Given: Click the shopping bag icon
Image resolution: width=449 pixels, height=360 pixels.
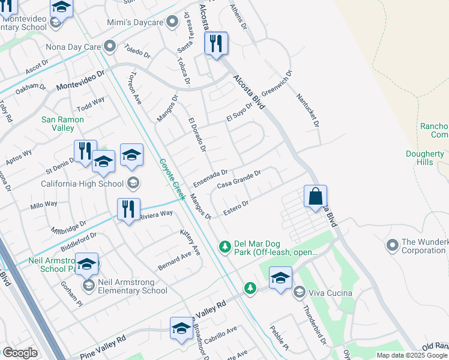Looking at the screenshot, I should click(x=315, y=196).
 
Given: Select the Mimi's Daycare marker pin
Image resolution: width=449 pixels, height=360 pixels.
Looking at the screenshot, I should click(x=172, y=23).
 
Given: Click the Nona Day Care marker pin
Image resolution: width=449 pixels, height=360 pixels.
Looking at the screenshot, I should click(x=110, y=46).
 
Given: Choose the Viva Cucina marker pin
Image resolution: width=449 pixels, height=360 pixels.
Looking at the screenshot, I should click(x=299, y=293).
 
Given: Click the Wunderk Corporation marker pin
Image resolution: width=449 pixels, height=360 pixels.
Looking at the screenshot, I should click(x=393, y=245).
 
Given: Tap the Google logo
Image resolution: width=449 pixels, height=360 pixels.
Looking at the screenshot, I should click(x=20, y=353).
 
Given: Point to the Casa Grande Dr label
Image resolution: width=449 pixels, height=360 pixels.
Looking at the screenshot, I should click(x=239, y=179).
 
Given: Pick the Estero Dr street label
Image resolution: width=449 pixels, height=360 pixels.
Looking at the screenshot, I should click(x=236, y=208).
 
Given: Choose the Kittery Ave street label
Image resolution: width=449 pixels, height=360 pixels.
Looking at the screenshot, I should click(x=190, y=242).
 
